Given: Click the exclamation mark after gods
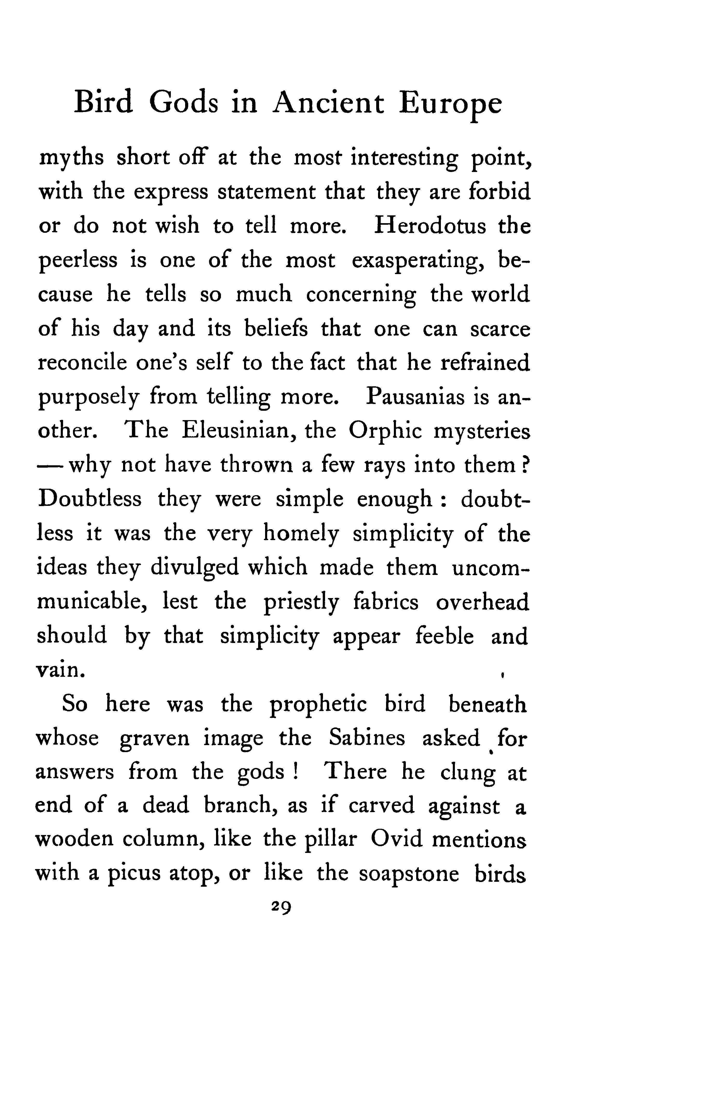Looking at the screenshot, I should point(294,772).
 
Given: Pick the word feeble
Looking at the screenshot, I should point(444,636).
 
